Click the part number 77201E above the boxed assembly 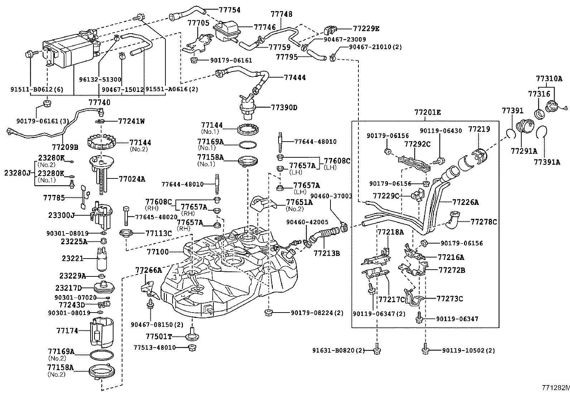[428, 112]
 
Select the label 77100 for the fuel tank [158, 252]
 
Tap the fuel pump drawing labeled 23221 [101, 259]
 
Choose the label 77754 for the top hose [230, 10]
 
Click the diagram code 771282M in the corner [555, 387]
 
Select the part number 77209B [65, 147]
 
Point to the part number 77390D [284, 107]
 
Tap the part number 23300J [62, 216]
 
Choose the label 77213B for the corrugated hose [327, 254]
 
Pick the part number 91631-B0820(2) [338, 351]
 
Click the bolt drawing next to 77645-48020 [126, 216]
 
